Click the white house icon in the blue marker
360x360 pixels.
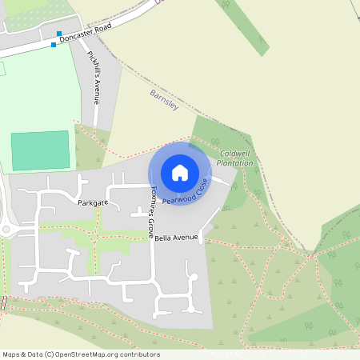180,172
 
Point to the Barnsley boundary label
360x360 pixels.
163,99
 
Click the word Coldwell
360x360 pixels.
236,154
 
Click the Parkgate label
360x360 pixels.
93,203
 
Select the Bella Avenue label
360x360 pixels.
176,238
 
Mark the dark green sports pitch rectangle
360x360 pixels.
41,150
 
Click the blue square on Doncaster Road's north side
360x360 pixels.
59,34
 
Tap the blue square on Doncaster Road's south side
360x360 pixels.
54,45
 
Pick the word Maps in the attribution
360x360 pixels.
11,354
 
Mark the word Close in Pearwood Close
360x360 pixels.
200,186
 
